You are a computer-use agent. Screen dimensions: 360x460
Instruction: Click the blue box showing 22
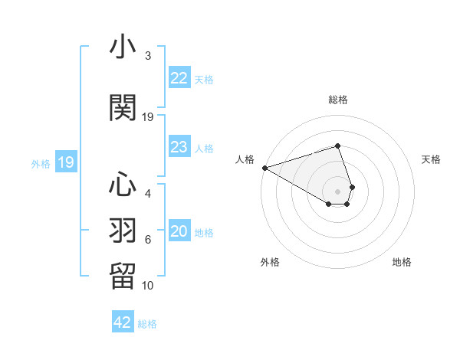[179, 78]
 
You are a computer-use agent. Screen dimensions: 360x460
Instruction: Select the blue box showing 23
[179, 147]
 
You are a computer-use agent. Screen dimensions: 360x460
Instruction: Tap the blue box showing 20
[179, 232]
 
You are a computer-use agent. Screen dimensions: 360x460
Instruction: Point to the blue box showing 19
[65, 162]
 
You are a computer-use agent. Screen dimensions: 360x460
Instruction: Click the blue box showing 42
[123, 322]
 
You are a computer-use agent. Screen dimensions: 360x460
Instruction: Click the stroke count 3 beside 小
[148, 56]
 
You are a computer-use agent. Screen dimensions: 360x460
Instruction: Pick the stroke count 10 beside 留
[148, 286]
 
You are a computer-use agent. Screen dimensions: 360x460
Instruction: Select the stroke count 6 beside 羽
[148, 240]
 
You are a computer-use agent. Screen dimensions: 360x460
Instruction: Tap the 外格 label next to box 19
[41, 163]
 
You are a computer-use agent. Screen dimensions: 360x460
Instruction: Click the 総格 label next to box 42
[147, 324]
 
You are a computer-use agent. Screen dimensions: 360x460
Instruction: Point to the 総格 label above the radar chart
[338, 100]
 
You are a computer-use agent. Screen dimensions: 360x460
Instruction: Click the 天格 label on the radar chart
[432, 159]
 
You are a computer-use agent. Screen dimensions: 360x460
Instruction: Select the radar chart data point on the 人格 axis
[264, 167]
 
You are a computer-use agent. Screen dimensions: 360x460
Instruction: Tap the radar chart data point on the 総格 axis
[338, 146]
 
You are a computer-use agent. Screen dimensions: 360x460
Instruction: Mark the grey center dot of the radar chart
[338, 191]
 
